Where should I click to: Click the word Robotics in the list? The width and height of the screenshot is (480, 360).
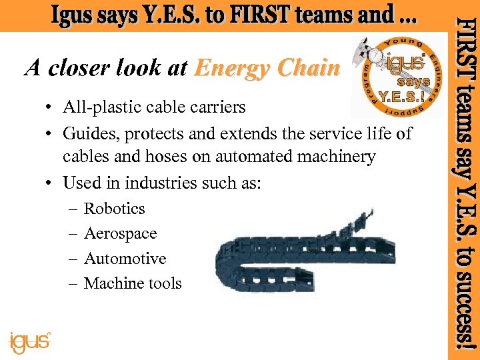pos(114,209)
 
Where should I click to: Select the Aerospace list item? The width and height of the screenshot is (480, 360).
pos(120,234)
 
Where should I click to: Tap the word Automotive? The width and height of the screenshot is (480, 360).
pos(125,259)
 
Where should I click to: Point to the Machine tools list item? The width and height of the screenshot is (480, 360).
pos(133,284)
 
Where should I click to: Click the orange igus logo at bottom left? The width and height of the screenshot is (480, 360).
pos(29,341)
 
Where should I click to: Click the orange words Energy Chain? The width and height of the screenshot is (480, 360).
pos(267,68)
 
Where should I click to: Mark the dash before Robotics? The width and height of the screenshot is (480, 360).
pos(72,209)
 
